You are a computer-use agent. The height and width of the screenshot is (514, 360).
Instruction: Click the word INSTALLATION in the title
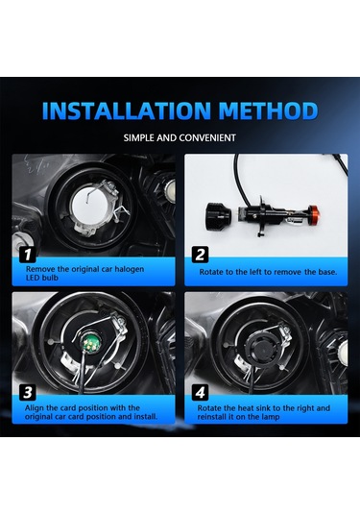127,110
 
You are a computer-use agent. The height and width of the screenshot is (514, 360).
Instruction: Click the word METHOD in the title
268,110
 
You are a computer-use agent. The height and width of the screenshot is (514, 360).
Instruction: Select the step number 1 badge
28,255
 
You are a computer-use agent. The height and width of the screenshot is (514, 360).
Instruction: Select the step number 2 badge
200,255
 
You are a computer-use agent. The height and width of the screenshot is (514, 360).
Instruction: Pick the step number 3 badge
28,392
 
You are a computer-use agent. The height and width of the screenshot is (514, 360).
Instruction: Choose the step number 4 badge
200,392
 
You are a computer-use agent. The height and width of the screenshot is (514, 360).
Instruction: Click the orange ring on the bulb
313,213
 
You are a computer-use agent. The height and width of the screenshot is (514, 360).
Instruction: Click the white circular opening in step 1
90,207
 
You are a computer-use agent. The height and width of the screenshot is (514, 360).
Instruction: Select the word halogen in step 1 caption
129,269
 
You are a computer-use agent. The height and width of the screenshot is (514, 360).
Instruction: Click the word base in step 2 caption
326,272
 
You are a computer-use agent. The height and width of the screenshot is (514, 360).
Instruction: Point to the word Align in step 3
35,408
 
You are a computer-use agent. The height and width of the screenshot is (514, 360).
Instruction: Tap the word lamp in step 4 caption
271,417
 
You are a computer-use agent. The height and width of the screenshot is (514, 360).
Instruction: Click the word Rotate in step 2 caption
210,272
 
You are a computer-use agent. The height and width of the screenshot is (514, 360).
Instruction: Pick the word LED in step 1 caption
33,278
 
